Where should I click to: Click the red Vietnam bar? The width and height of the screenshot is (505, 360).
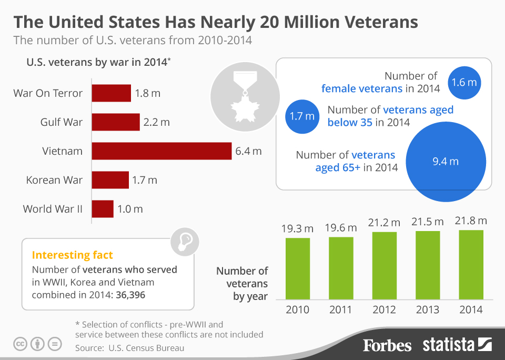click(161, 151)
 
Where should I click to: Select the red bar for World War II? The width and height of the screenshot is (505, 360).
click(103, 209)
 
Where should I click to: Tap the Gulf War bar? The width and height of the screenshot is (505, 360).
click(116, 122)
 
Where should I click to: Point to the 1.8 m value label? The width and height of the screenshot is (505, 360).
click(148, 94)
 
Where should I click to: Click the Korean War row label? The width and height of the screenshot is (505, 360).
click(54, 180)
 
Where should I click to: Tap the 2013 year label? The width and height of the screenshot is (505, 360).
click(428, 309)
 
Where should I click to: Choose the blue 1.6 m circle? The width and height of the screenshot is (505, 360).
click(464, 82)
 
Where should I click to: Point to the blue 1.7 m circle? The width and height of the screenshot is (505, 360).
click(302, 116)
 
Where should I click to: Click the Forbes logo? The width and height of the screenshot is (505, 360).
click(387, 345)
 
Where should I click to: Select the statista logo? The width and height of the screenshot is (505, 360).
click(457, 345)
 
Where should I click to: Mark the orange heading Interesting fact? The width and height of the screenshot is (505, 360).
click(72, 255)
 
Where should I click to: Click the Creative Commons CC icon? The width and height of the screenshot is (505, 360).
click(20, 344)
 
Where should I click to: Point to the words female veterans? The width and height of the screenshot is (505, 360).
click(361, 88)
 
